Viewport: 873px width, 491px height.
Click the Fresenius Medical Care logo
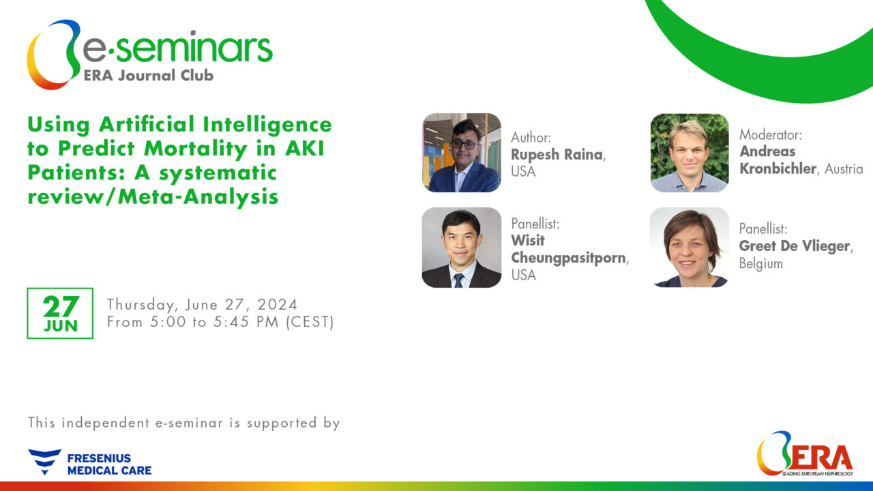pyautogui.click(x=89, y=462)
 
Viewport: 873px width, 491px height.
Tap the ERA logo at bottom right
pyautogui.click(x=805, y=453)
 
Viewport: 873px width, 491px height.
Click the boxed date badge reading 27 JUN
pyautogui.click(x=60, y=313)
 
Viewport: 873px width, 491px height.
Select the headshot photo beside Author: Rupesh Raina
pyautogui.click(x=462, y=153)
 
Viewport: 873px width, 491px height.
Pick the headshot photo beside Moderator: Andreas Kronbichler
pyautogui.click(x=690, y=153)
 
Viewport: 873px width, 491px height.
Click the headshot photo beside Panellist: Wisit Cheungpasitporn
pyautogui.click(x=462, y=248)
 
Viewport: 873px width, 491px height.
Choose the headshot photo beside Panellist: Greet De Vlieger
pyautogui.click(x=690, y=248)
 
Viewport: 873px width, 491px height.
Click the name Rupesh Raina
pyautogui.click(x=557, y=155)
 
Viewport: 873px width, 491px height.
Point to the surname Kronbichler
pyautogui.click(x=778, y=168)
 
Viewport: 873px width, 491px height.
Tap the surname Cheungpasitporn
pyautogui.click(x=568, y=258)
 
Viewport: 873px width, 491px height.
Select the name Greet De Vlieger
pyautogui.click(x=795, y=246)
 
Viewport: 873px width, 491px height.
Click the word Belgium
pyautogui.click(x=760, y=264)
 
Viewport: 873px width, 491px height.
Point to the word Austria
pyautogui.click(x=844, y=169)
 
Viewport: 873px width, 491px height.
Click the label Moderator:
pyautogui.click(x=771, y=135)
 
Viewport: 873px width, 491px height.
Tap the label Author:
pyautogui.click(x=531, y=138)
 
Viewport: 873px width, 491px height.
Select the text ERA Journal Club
pyautogui.click(x=149, y=75)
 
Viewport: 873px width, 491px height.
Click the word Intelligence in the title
pyautogui.click(x=267, y=125)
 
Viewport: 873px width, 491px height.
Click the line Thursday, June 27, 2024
pyautogui.click(x=203, y=304)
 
